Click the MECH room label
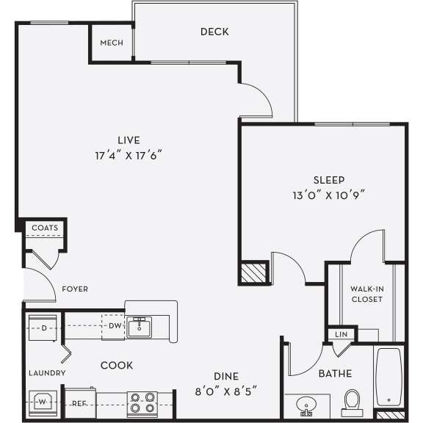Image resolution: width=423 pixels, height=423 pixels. tap(112, 43)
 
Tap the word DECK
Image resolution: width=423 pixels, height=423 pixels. tap(214, 32)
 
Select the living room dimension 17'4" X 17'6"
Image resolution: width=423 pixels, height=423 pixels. tap(128, 155)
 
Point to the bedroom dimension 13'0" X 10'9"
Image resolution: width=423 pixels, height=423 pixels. tap(329, 195)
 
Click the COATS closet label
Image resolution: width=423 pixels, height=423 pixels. tap(44, 228)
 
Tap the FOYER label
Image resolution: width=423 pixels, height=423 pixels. tap(75, 289)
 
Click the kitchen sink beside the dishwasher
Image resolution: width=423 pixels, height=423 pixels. tap(139, 327)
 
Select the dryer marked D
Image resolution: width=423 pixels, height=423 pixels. tap(43, 327)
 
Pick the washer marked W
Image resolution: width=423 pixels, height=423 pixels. tap(42, 402)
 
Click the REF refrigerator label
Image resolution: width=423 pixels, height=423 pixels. tap(79, 403)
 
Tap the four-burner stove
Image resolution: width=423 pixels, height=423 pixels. tap(142, 402)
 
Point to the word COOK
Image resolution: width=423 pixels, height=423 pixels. tap(117, 365)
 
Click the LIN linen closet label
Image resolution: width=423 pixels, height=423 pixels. tap(341, 334)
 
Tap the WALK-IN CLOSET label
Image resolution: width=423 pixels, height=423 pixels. tap(366, 293)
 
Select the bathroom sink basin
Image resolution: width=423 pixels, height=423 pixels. tap(308, 405)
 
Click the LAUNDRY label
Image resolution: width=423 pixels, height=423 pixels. tap(48, 373)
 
